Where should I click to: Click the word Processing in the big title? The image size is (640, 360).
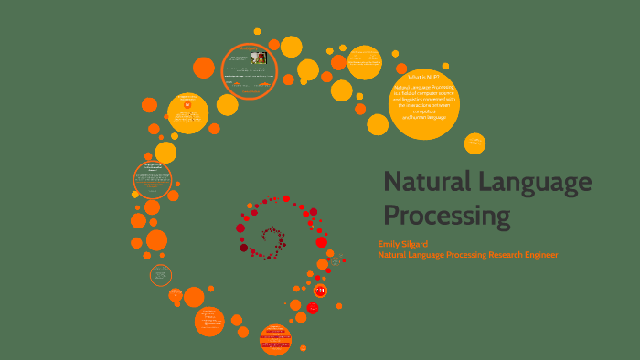(x=446, y=216)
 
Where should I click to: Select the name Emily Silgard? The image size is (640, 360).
(x=403, y=244)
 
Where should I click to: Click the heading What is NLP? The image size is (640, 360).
(x=423, y=77)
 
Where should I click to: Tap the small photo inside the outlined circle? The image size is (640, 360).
(x=260, y=57)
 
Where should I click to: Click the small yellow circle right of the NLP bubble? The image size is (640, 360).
(x=475, y=143)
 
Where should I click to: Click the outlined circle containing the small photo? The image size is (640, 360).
(x=249, y=70)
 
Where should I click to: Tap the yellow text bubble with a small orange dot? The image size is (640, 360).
(x=187, y=112)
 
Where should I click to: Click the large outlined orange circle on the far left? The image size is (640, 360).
(x=152, y=178)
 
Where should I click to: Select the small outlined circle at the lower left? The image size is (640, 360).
(x=161, y=274)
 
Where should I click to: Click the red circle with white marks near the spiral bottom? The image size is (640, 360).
(x=320, y=290)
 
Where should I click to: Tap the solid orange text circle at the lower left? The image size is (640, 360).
(x=209, y=321)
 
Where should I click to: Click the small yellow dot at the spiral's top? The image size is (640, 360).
(x=257, y=31)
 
